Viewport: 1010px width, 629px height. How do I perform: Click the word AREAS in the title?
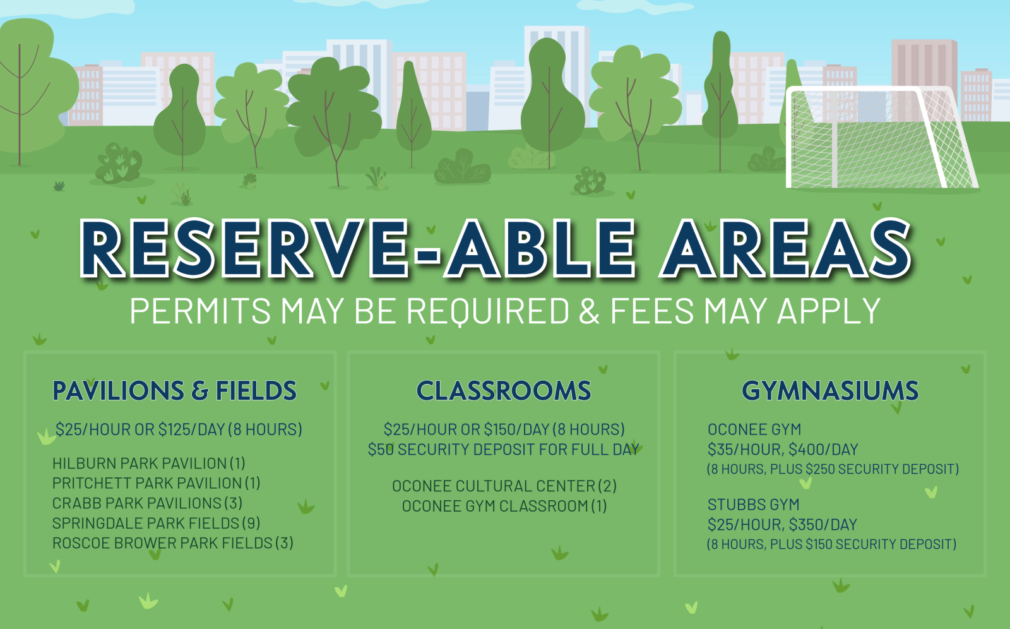785,248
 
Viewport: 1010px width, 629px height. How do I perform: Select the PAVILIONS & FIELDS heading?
174,391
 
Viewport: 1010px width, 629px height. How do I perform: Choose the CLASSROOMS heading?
504,391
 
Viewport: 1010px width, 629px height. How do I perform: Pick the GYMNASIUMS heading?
830,391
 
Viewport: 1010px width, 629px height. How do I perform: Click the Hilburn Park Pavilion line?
149,464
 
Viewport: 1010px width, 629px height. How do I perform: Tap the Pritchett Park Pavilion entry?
157,483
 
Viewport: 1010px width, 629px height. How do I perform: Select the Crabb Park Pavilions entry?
148,503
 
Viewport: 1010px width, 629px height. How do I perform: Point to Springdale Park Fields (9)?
157,523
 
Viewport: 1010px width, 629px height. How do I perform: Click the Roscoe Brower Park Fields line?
173,543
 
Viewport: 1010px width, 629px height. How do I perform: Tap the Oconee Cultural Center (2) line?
504,486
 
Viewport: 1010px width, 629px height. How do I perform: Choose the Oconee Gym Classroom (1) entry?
504,506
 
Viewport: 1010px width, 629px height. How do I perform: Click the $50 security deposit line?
504,450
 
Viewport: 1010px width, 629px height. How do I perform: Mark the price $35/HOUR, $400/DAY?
783,450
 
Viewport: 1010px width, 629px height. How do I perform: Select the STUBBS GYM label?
754,505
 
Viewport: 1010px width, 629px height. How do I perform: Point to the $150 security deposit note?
831,544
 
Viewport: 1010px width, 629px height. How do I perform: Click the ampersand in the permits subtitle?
589,311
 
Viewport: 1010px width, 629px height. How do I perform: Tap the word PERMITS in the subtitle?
200,311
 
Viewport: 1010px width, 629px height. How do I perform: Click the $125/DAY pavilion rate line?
179,429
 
